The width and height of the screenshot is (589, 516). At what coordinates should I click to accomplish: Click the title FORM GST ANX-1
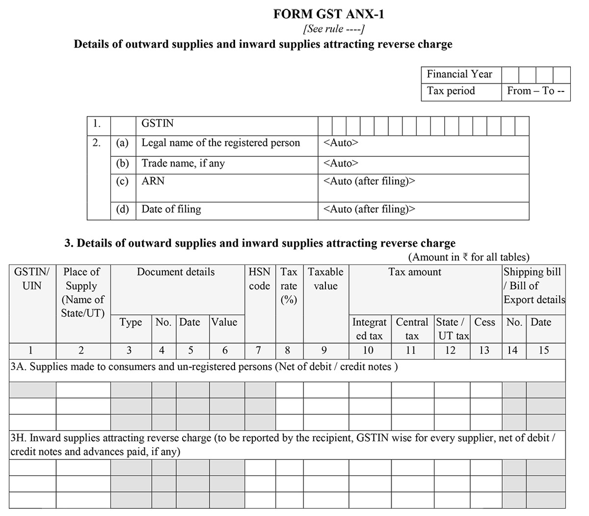click(328, 14)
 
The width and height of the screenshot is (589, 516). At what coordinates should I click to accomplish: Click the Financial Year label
click(459, 74)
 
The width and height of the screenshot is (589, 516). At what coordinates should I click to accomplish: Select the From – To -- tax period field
click(535, 91)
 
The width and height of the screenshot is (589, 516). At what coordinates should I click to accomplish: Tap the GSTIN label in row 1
click(157, 123)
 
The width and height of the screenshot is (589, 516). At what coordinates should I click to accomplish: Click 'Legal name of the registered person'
click(220, 143)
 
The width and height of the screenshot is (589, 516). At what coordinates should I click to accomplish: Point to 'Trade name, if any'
click(183, 163)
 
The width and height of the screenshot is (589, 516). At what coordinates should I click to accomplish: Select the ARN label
click(153, 181)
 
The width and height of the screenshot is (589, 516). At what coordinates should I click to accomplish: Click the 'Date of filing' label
click(171, 209)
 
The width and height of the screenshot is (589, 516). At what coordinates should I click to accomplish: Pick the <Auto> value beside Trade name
click(341, 163)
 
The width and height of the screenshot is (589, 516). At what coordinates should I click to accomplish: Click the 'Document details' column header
click(176, 272)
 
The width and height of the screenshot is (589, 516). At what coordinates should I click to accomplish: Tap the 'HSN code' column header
click(259, 279)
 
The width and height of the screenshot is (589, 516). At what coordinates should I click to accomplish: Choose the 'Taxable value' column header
click(325, 279)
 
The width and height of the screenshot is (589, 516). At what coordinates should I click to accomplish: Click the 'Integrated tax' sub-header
click(369, 329)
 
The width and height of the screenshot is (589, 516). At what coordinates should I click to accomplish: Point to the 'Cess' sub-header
click(484, 322)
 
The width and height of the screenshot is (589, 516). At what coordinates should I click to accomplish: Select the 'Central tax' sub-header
click(412, 329)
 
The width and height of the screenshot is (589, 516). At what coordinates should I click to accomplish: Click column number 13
click(484, 350)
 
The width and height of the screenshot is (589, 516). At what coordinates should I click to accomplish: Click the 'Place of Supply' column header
click(82, 292)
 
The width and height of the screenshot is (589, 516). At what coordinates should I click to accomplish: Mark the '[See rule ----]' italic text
click(334, 29)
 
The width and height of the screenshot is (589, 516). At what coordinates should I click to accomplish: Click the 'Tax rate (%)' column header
click(289, 286)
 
